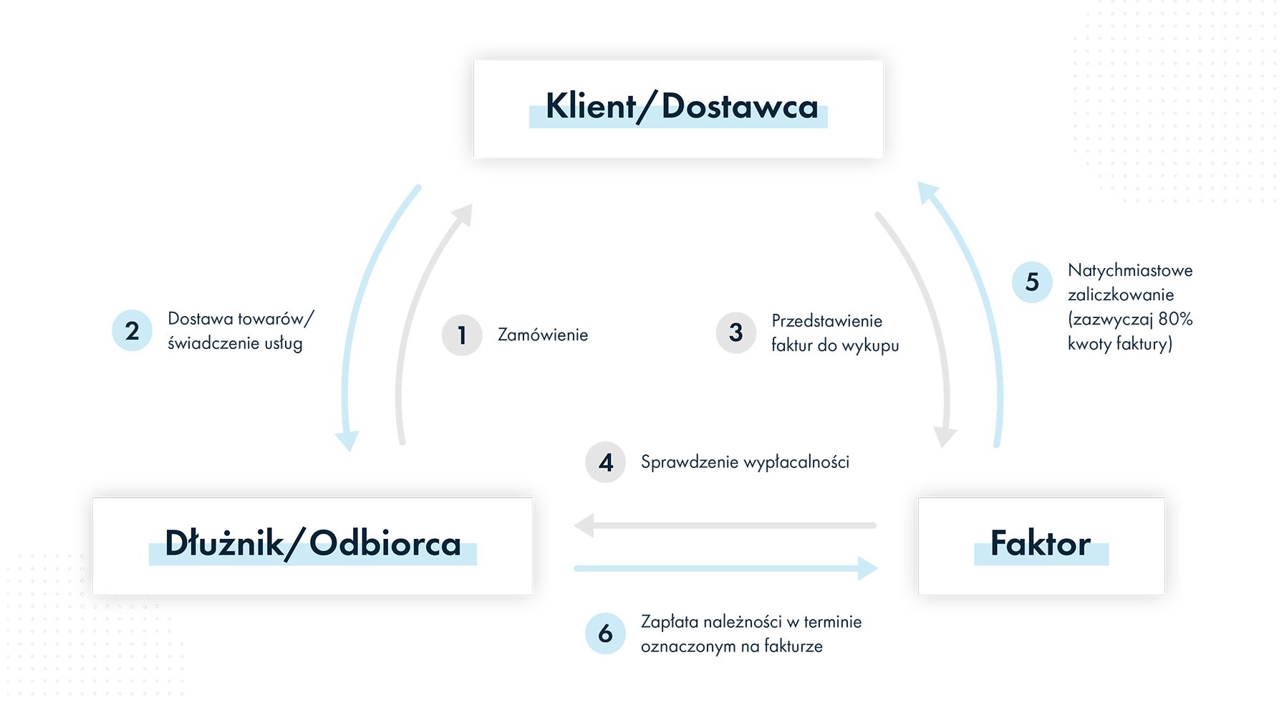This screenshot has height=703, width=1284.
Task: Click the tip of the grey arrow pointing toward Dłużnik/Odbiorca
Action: [x=574, y=525]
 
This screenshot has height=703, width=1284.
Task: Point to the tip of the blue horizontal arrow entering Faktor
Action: [x=878, y=568]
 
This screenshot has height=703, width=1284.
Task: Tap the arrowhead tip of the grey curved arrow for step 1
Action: [x=472, y=204]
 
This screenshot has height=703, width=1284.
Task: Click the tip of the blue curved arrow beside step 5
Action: [x=919, y=182]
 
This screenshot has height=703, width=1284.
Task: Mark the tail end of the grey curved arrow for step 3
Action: [x=878, y=214]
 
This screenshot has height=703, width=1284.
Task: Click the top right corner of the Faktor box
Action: [x=1164, y=498]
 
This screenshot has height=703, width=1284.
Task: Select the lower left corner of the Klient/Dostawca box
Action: [x=474, y=158]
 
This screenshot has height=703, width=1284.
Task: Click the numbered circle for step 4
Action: [x=606, y=462]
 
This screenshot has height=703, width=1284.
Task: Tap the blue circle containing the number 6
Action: [x=606, y=633]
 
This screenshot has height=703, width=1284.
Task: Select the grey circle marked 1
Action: [x=462, y=335]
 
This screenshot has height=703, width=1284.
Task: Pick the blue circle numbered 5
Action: [x=1032, y=282]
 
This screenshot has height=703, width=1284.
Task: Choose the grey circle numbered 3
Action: [x=736, y=333]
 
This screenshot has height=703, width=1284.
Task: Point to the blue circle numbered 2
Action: [x=132, y=330]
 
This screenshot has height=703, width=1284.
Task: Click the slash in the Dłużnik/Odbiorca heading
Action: [x=296, y=544]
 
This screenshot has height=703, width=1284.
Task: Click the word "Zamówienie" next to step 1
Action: [x=543, y=335]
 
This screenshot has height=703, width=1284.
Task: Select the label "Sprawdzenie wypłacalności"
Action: [x=745, y=462]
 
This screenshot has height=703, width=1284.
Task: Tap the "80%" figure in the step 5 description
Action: [x=1175, y=318]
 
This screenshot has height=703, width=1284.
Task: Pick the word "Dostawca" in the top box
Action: [x=739, y=107]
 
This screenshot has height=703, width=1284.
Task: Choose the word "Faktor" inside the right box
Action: [x=1041, y=543]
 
